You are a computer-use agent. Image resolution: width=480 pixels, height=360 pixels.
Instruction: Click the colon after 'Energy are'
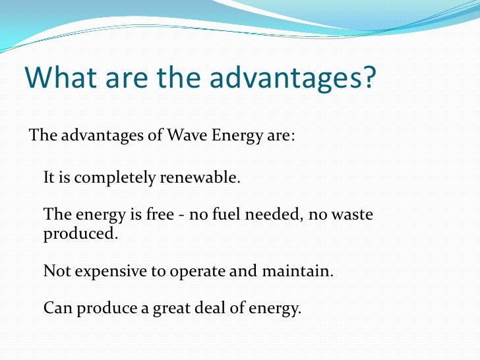point(292,136)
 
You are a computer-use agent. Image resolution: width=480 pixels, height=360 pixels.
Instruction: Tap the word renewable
point(201,178)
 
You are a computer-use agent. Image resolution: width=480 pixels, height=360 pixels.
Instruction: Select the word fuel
point(218,215)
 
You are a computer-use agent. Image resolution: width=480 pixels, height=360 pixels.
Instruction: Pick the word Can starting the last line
point(57,308)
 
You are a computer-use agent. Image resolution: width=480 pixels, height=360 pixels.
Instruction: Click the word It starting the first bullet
point(49,178)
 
